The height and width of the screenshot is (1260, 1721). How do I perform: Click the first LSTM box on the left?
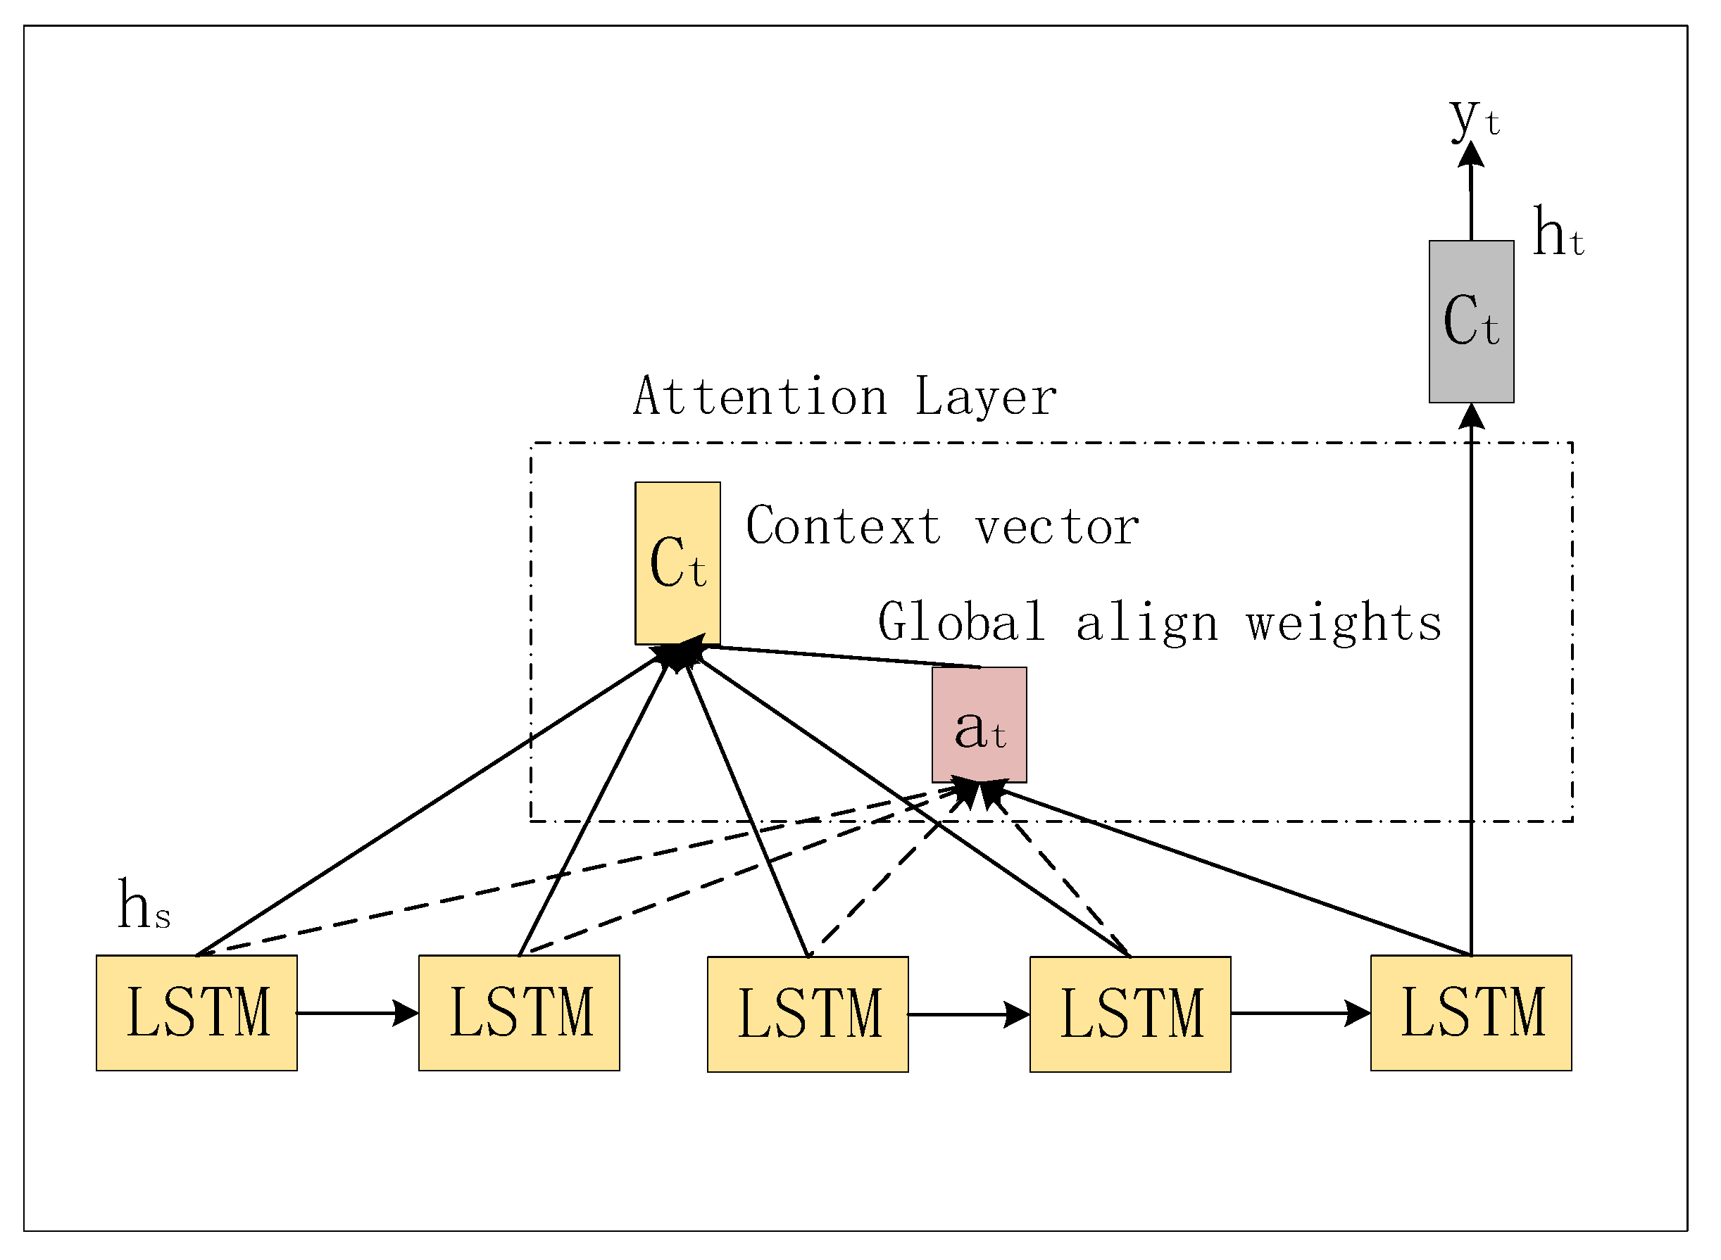click(197, 1013)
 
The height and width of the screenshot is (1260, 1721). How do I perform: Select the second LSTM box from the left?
click(519, 1013)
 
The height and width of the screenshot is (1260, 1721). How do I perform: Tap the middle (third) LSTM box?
click(808, 1014)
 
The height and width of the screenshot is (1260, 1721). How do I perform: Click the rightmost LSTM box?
click(1471, 1013)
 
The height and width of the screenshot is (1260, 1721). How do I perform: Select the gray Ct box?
click(1472, 322)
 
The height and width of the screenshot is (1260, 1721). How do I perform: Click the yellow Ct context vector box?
click(677, 563)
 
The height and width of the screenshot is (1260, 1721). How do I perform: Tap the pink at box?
click(980, 725)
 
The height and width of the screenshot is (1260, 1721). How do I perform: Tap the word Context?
click(844, 527)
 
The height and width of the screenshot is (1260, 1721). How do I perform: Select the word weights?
click(1344, 623)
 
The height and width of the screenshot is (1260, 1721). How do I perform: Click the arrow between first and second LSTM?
click(357, 1013)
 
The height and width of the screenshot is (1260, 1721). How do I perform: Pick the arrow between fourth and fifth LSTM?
click(1300, 1013)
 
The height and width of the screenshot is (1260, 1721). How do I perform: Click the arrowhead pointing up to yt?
click(1471, 155)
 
